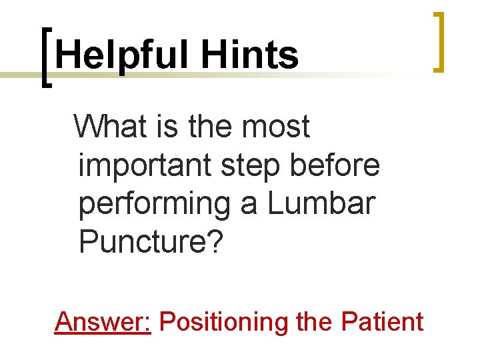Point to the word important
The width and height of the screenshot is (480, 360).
pyautogui.click(x=145, y=165)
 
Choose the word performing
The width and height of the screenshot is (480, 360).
pyautogui.click(x=154, y=205)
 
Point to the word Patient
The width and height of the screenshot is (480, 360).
pyautogui.click(x=382, y=321)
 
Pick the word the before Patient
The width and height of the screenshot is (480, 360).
pyautogui.click(x=315, y=321)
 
